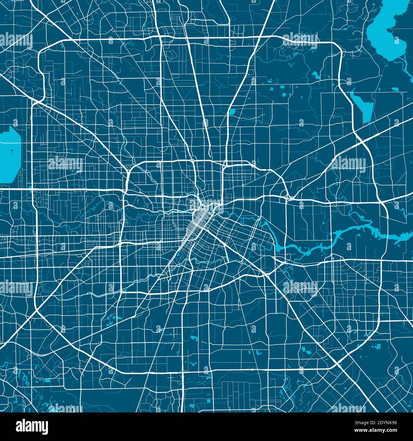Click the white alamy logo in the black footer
pos(32,426)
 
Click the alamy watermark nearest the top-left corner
pos(16,40)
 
